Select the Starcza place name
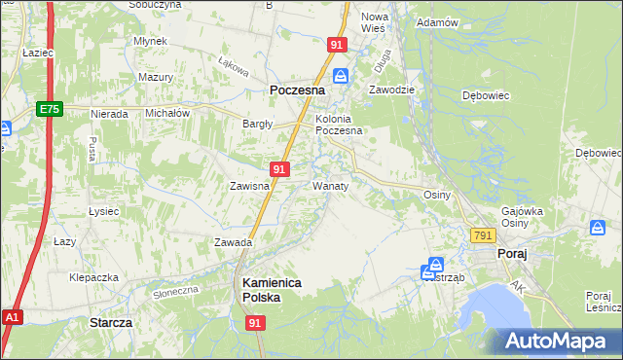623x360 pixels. tap(110, 321)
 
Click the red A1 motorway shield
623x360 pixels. tap(12, 317)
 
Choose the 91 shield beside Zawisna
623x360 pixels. tap(279, 169)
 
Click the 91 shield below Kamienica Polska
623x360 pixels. tap(255, 323)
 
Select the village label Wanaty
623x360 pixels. tap(331, 185)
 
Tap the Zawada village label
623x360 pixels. tap(234, 242)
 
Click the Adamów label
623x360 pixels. tap(437, 21)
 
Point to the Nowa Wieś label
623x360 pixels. tap(375, 22)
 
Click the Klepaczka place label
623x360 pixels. tap(93, 277)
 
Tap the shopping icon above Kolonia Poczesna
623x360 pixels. tap(340, 76)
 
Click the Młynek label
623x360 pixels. tap(152, 41)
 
